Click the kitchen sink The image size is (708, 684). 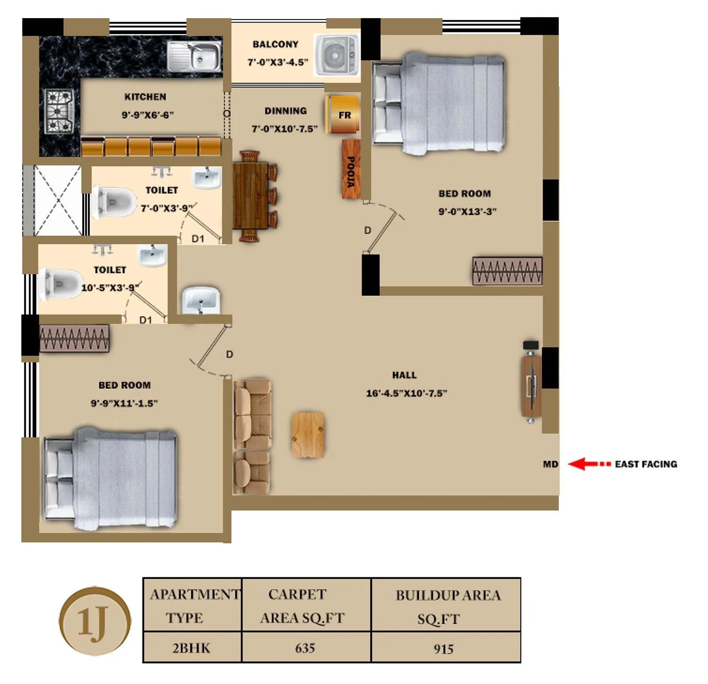195,56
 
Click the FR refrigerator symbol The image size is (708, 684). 343,115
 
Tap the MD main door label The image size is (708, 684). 550,464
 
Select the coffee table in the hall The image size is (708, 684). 308,434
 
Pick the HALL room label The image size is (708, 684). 404,375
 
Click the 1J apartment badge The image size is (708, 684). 95,621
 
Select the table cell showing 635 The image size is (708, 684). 305,648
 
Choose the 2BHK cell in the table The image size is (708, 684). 191,648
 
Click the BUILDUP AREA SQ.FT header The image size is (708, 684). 447,607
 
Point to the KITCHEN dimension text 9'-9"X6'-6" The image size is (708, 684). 147,115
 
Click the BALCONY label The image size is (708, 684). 275,44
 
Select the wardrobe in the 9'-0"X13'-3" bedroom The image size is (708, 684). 507,270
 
